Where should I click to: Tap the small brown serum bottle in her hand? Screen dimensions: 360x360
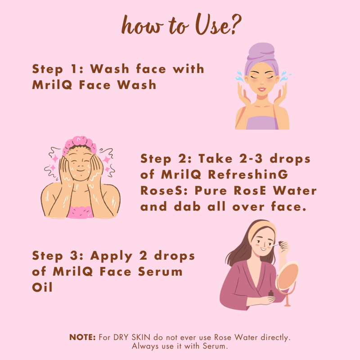271,294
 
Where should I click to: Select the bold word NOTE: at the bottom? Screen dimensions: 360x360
82,337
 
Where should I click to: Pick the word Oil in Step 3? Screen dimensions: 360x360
42,287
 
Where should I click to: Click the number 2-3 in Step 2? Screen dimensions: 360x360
251,159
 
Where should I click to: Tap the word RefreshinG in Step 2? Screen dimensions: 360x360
248,175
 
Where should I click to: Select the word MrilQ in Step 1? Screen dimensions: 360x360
52,85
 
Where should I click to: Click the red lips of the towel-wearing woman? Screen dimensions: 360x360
261,89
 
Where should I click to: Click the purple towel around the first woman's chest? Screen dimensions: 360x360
262,123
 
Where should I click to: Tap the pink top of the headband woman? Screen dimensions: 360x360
80,212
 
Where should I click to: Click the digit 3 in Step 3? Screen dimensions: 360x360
73,256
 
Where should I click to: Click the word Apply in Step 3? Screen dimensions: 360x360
111,256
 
